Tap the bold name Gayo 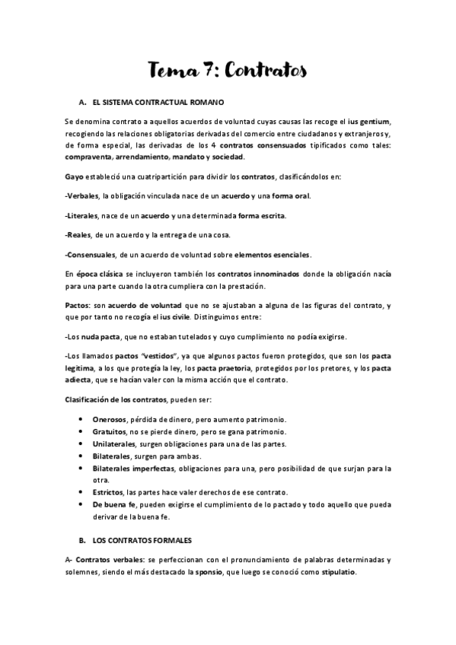click(x=75, y=176)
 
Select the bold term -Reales click(x=79, y=235)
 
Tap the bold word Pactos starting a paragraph click(x=78, y=305)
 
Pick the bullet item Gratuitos click(x=110, y=432)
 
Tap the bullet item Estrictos click(x=109, y=493)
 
